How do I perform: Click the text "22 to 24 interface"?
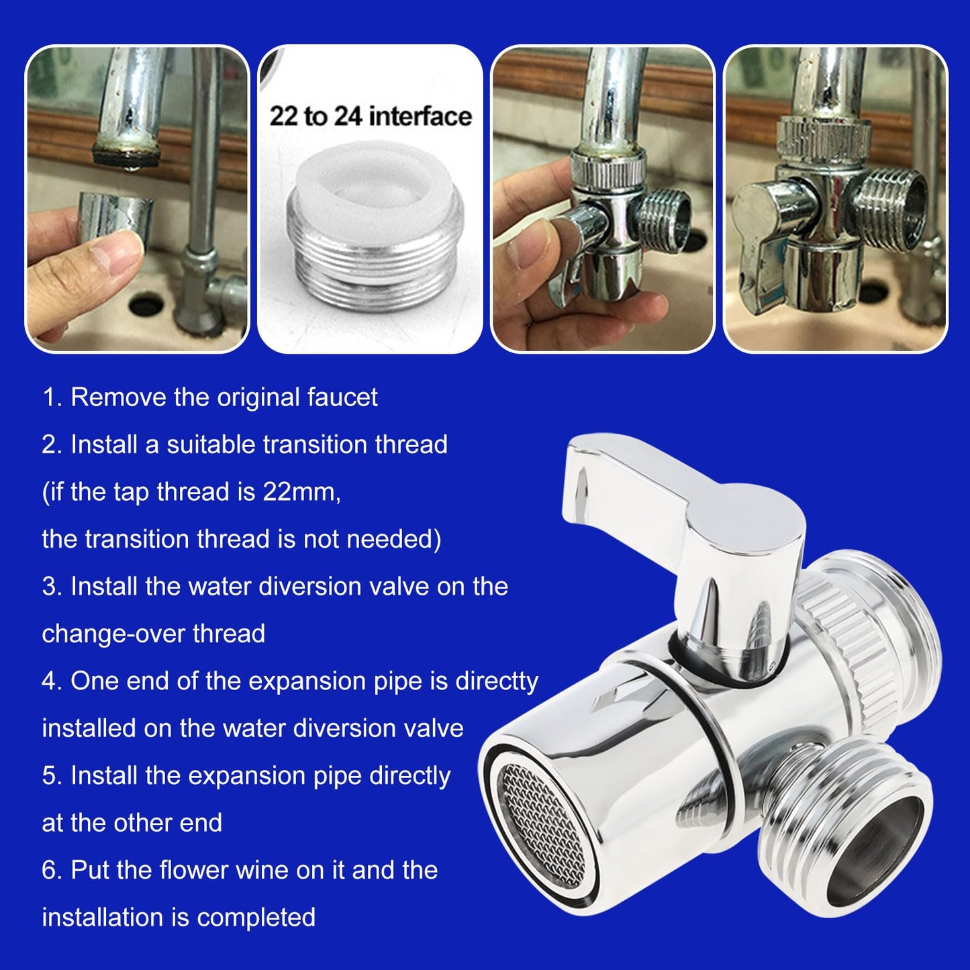click(x=370, y=116)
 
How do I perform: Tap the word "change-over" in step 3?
click(x=113, y=634)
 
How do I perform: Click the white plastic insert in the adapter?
click(x=373, y=191)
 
